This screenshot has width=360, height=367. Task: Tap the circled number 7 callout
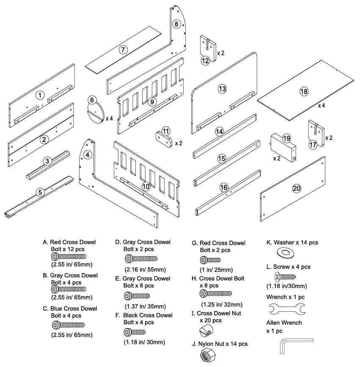(123, 49)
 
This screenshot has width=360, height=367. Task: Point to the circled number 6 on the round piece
(91, 100)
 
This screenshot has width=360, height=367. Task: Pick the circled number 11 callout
(166, 130)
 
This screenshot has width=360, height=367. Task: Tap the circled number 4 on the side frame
(87, 155)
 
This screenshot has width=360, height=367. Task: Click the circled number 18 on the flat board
(304, 91)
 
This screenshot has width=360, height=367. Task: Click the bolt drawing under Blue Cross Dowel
(69, 325)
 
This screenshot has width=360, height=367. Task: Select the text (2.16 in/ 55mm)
(145, 269)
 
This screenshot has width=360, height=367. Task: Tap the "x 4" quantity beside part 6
(109, 119)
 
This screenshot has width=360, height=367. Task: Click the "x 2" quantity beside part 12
(221, 54)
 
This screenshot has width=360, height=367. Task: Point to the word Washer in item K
(283, 243)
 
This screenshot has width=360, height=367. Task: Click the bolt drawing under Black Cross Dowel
(135, 331)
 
